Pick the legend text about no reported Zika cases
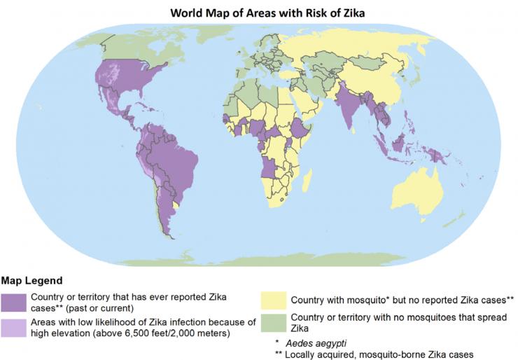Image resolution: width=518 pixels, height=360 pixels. [x=402, y=300]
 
